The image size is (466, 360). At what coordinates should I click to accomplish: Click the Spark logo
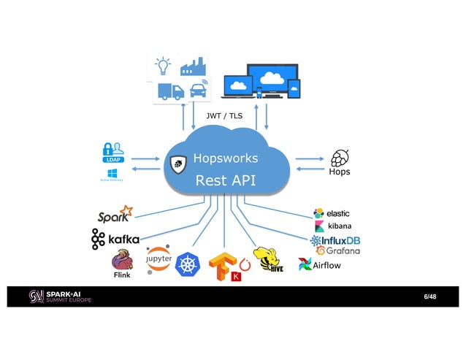[115, 215]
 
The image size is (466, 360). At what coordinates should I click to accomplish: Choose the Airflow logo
[319, 265]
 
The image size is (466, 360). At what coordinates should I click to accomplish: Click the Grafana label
[337, 251]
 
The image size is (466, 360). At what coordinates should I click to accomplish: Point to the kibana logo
[333, 226]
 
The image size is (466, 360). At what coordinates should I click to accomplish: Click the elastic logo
[332, 213]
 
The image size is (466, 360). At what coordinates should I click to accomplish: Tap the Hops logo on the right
[340, 162]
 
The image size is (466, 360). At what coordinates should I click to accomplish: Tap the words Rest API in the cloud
[225, 180]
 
